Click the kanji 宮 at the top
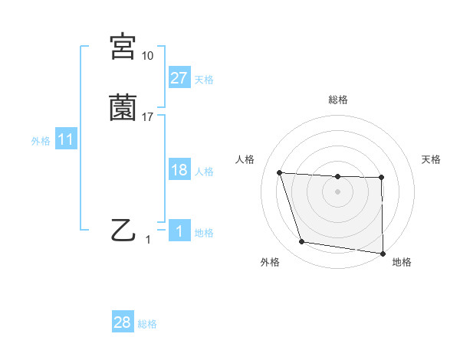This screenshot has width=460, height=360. click(123, 47)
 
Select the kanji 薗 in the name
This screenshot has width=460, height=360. click(123, 107)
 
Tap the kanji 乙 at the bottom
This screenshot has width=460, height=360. click(123, 229)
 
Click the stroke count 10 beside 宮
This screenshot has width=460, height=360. click(147, 56)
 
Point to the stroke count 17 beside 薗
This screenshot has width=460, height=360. click(148, 116)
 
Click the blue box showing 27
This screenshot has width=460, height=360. click(179, 77)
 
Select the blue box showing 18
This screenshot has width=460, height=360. click(179, 170)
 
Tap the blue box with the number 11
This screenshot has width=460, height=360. click(66, 139)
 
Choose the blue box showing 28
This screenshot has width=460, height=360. click(123, 322)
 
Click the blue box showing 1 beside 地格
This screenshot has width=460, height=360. click(179, 231)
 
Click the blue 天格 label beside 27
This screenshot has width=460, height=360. click(204, 79)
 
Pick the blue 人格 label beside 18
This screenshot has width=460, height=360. click(204, 172)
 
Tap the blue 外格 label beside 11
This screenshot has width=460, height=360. click(41, 141)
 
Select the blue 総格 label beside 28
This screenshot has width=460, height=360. click(147, 324)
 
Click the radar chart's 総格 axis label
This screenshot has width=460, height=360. click(338, 100)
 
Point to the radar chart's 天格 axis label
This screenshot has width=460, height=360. click(432, 159)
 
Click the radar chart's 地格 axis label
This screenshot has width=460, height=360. click(402, 262)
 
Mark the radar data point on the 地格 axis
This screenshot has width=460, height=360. click(383, 253)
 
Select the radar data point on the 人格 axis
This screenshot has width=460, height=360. click(280, 173)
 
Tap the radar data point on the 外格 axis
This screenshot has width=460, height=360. click(302, 242)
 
